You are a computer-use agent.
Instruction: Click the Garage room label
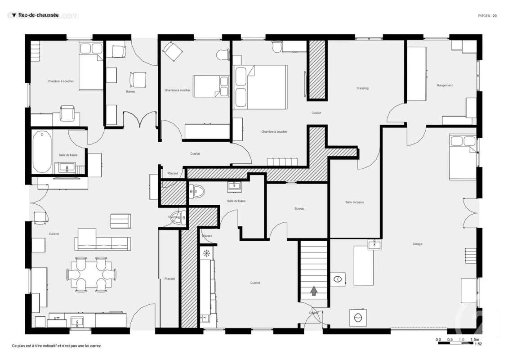point(417,244)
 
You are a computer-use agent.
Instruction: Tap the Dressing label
point(362,88)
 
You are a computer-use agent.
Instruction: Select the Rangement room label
point(445,85)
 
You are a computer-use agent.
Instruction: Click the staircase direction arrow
point(313,291)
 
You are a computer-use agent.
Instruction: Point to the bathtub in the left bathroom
point(42,152)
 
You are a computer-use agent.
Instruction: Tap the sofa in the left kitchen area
point(103,240)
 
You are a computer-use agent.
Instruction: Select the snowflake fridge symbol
point(206,254)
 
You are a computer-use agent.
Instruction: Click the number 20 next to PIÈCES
point(495,16)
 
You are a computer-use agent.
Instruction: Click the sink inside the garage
point(374,244)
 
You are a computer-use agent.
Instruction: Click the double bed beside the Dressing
point(260,87)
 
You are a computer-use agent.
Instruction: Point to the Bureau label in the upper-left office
point(130,91)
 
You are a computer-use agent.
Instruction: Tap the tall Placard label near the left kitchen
point(169,279)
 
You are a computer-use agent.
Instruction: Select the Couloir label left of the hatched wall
point(195,153)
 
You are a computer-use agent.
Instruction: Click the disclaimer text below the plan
point(57,346)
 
